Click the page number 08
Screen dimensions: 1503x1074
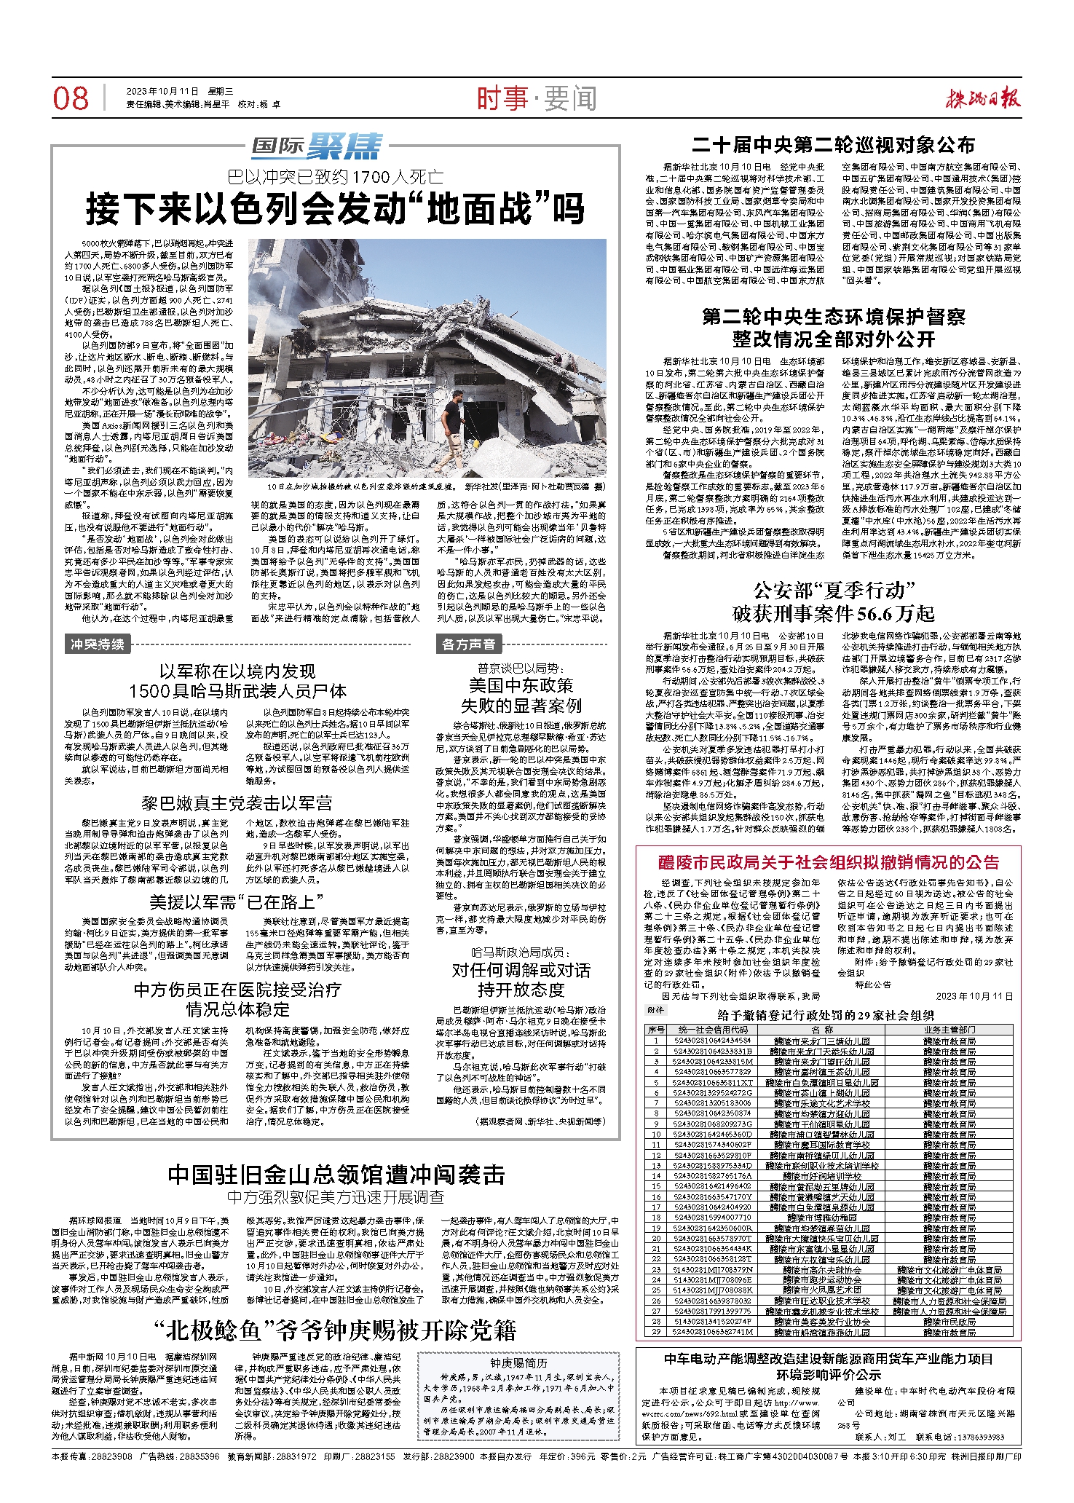71,98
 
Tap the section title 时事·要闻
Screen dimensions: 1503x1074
537,98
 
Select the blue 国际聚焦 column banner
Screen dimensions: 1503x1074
317,146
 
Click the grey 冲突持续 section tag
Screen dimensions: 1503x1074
97,644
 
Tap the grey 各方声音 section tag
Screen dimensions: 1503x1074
468,644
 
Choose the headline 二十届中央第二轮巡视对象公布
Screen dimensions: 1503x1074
833,145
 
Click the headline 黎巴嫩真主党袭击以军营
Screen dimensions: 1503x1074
237,803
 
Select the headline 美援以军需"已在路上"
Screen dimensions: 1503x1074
237,902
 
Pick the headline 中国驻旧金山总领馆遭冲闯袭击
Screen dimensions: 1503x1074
336,1175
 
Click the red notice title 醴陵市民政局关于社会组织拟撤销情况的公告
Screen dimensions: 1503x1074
829,863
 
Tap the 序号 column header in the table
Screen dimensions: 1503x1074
656,1030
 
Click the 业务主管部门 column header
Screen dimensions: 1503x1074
949,1030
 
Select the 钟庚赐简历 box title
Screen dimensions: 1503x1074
518,1363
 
